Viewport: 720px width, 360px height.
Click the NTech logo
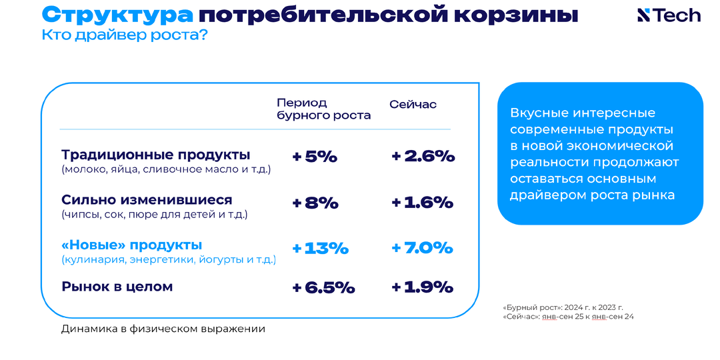pyautogui.click(x=669, y=15)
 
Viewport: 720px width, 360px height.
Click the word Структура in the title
pyautogui.click(x=117, y=15)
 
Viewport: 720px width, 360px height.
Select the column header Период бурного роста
pyautogui.click(x=323, y=109)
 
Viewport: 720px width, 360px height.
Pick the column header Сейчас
pyautogui.click(x=413, y=105)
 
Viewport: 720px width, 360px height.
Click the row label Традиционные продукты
pyautogui.click(x=156, y=155)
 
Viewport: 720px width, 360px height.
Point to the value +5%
pyautogui.click(x=315, y=157)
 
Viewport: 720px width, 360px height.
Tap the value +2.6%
pyautogui.click(x=423, y=157)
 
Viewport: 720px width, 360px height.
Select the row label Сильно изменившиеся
pyautogui.click(x=147, y=200)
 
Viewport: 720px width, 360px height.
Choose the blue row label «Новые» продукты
pyautogui.click(x=131, y=245)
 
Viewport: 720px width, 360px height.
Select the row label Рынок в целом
pyautogui.click(x=117, y=287)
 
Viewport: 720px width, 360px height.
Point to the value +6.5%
pyautogui.click(x=323, y=288)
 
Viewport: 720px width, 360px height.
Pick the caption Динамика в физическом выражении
pyautogui.click(x=163, y=329)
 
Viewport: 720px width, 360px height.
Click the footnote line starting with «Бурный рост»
pyautogui.click(x=563, y=307)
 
